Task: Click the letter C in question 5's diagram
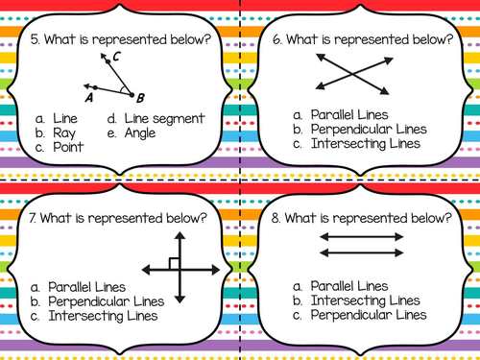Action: pos(115,58)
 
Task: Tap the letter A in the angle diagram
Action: pos(88,97)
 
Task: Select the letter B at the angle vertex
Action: pos(140,98)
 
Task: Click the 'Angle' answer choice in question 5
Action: pos(142,133)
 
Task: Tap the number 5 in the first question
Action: pos(35,39)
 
